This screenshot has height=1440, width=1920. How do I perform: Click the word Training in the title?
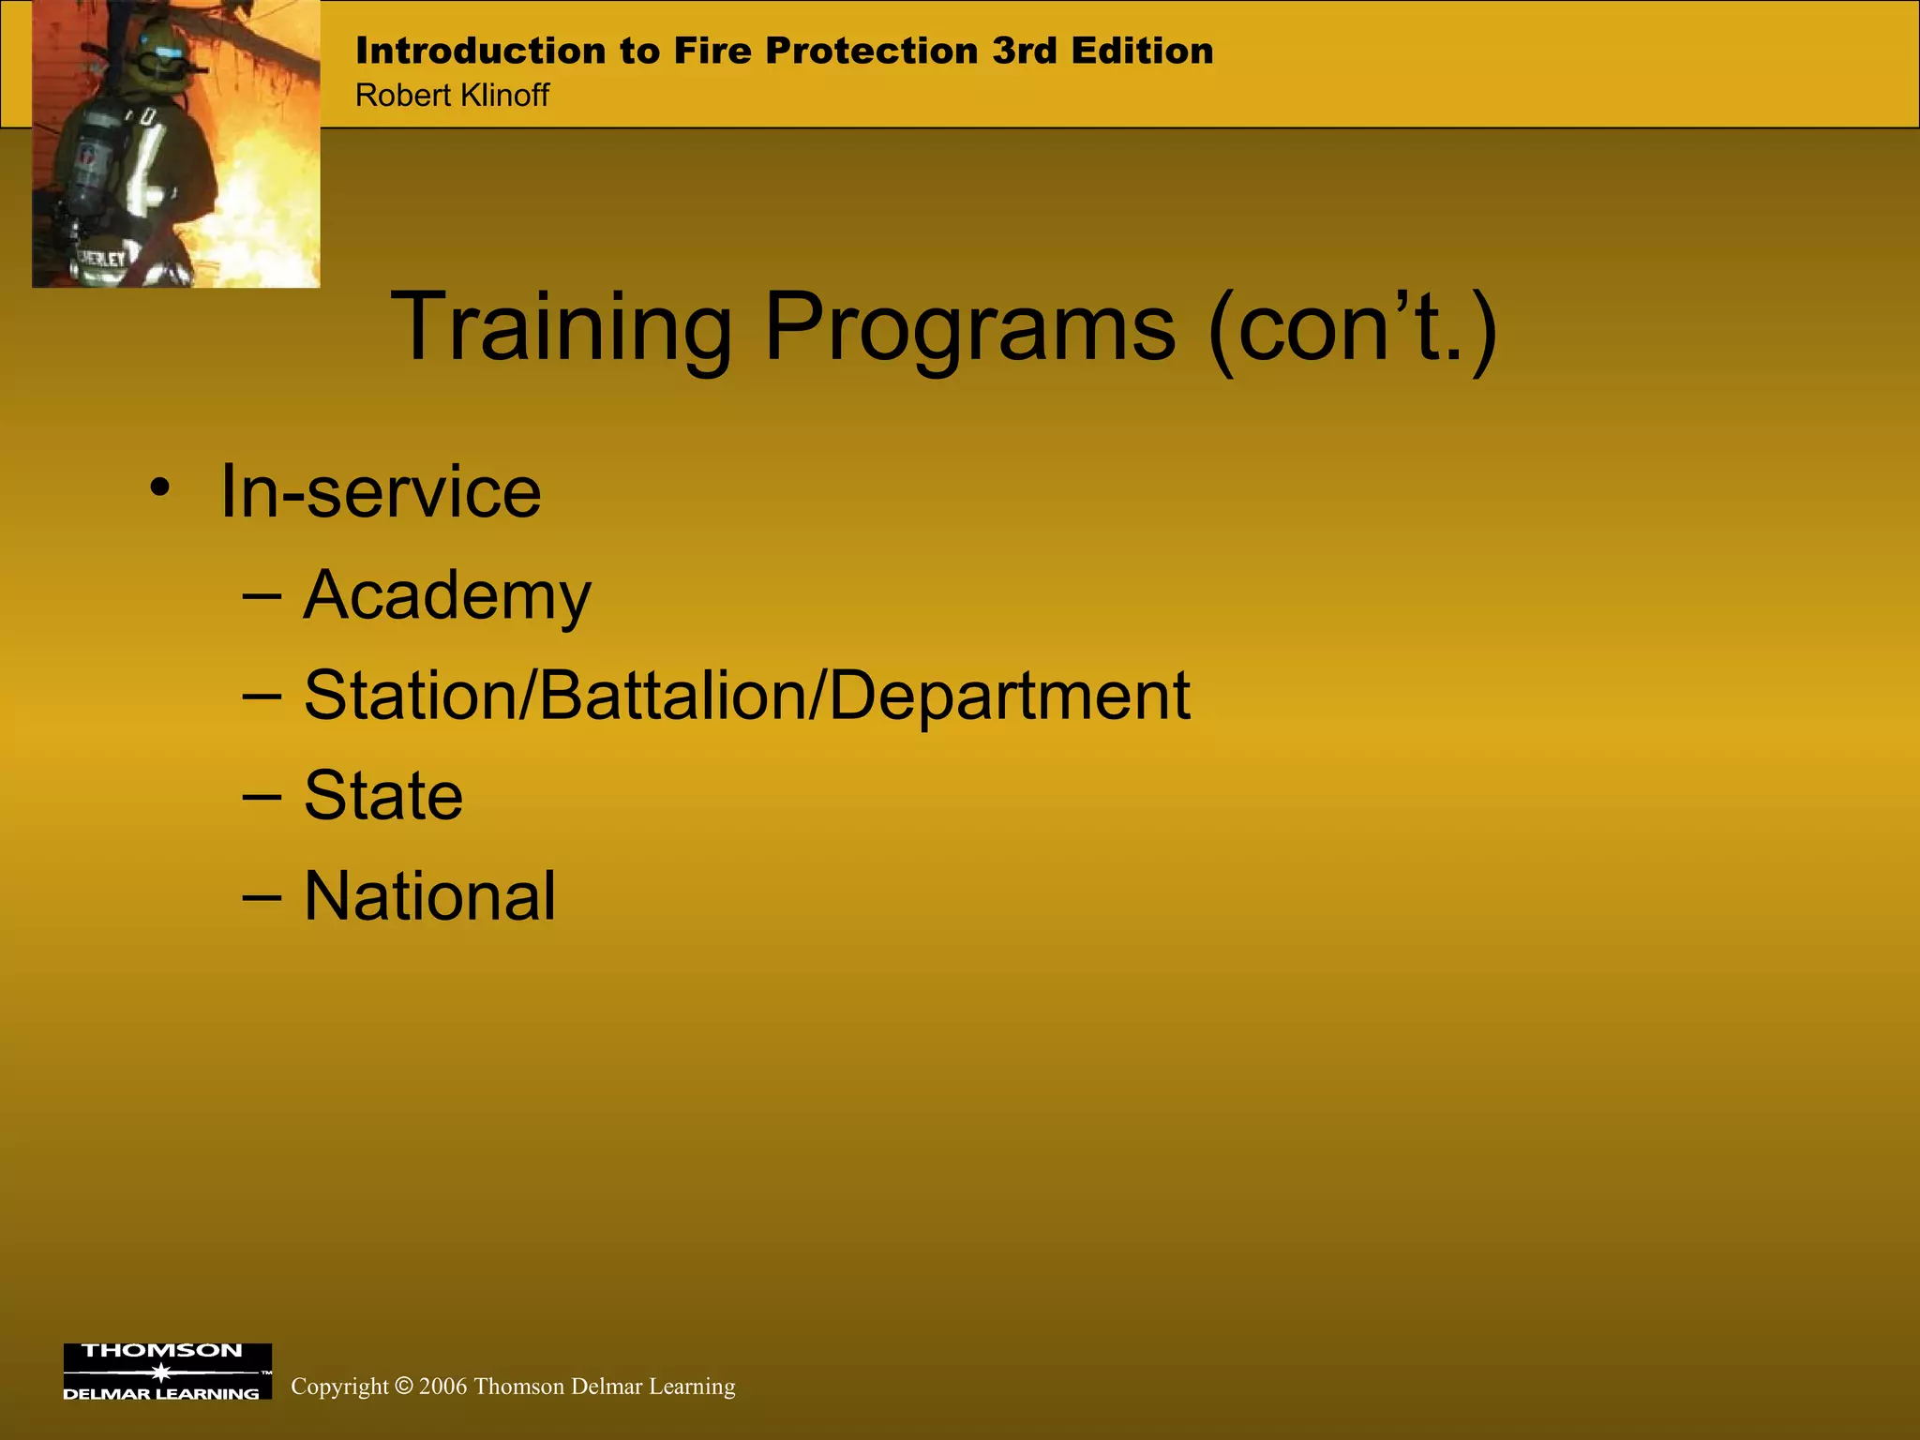pyautogui.click(x=561, y=328)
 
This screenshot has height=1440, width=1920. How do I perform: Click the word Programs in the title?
pyautogui.click(x=969, y=328)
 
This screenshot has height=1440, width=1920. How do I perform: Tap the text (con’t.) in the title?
pyautogui.click(x=1352, y=328)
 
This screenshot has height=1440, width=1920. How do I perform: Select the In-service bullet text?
pyautogui.click(x=381, y=493)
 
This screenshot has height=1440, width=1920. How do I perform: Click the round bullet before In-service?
pyautogui.click(x=160, y=488)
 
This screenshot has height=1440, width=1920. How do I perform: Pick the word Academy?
pyautogui.click(x=447, y=596)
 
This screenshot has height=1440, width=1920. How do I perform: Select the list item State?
pyautogui.click(x=383, y=796)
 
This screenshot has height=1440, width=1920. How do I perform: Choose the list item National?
pyautogui.click(x=429, y=896)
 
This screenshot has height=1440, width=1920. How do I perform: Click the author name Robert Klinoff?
pyautogui.click(x=452, y=96)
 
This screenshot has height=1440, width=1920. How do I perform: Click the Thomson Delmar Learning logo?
pyautogui.click(x=167, y=1371)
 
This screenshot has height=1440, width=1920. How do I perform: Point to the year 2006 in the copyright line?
pyautogui.click(x=442, y=1387)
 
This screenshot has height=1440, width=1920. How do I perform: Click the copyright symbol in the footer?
pyautogui.click(x=403, y=1386)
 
